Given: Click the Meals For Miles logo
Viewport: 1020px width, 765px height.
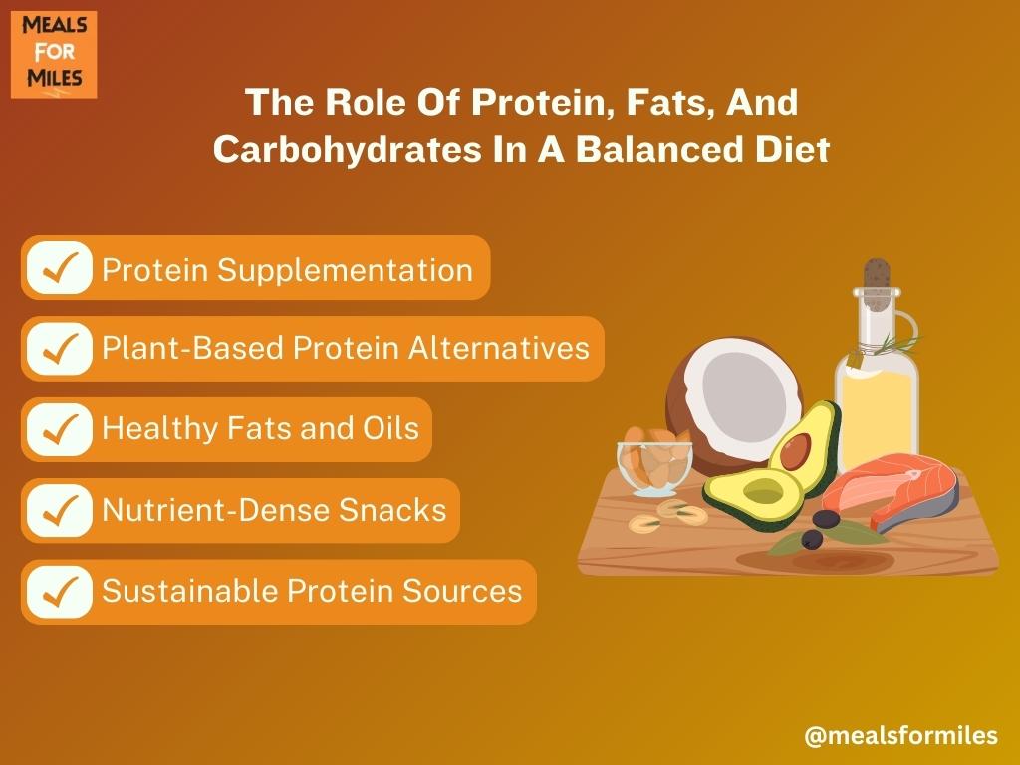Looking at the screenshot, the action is coord(54,55).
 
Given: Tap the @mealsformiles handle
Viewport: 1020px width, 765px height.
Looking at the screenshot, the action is coord(900,736).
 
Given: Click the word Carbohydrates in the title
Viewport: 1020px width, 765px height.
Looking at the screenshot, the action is coord(348,150).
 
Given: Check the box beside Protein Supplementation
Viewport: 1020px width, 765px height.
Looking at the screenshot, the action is coord(59,268).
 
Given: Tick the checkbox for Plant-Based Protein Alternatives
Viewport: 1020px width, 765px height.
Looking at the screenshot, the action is coord(59,349).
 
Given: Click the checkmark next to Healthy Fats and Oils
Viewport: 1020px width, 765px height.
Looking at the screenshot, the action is coord(59,430).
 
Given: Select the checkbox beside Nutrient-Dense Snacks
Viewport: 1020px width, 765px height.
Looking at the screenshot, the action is coord(59,511).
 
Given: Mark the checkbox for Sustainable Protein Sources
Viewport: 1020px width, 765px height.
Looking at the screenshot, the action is coord(59,592).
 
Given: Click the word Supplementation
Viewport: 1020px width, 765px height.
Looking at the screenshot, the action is coord(345,271).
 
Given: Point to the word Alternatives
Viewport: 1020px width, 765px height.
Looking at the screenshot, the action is coord(499,348).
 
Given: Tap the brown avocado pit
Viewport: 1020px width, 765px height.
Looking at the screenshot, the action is coord(795,451).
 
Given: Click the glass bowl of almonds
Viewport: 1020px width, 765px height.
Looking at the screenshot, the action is coord(654,463).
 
